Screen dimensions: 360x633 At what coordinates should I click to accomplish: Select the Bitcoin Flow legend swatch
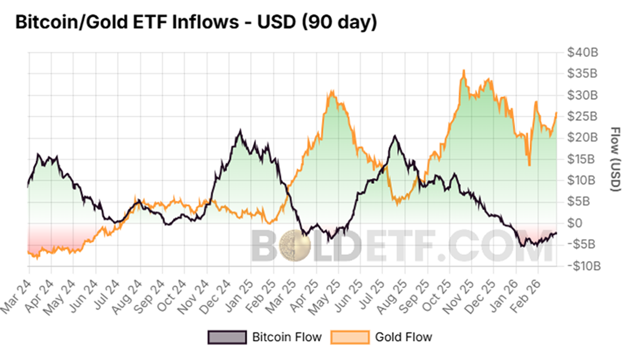(x=227, y=337)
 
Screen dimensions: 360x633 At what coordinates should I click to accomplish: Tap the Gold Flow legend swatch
(x=349, y=337)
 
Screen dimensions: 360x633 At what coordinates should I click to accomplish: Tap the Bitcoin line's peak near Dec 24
(x=241, y=130)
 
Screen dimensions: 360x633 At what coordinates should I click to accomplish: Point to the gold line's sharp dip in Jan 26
(x=529, y=165)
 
